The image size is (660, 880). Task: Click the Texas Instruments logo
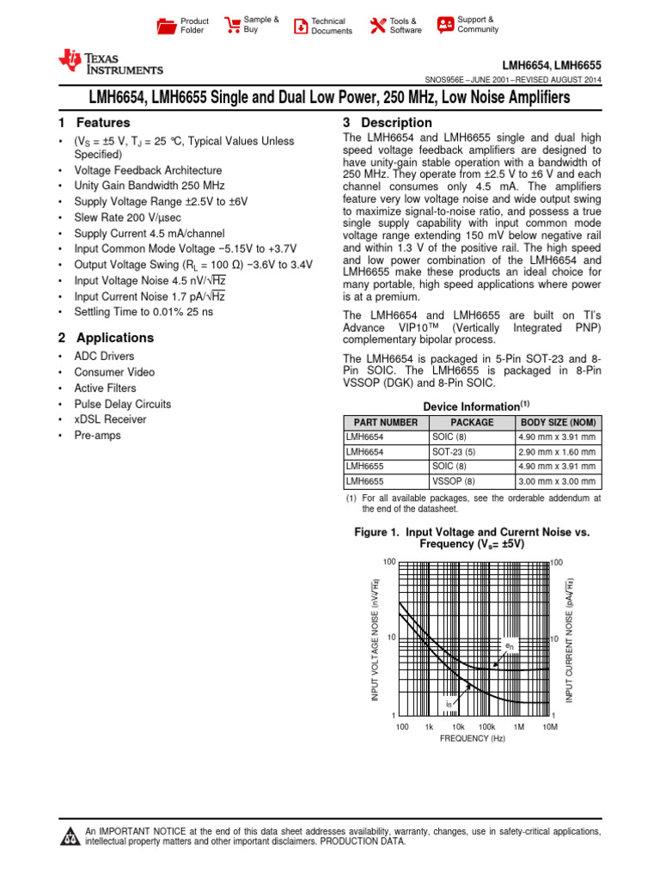point(109,61)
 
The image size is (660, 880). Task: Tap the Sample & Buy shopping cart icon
point(232,25)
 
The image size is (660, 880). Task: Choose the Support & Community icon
point(445,25)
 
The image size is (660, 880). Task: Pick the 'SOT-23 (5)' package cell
point(454,451)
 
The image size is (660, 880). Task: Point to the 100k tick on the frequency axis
point(486,727)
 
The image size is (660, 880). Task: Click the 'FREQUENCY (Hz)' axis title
point(472,739)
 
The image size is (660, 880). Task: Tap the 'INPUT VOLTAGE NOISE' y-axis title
point(375,639)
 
